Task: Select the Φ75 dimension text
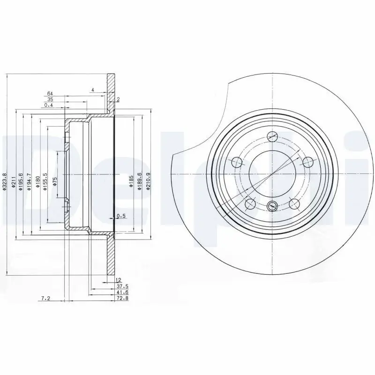coord(55,181)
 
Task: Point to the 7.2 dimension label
coord(45,298)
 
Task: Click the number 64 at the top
coord(50,93)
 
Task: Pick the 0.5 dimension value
coord(120,216)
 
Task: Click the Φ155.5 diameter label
coord(45,181)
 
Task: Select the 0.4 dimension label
coord(48,105)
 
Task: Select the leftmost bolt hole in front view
coord(237,163)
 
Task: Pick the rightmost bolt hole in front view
coord(307,162)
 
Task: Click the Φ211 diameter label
coord(14,181)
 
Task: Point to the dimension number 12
coord(112,279)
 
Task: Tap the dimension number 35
coord(50,99)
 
